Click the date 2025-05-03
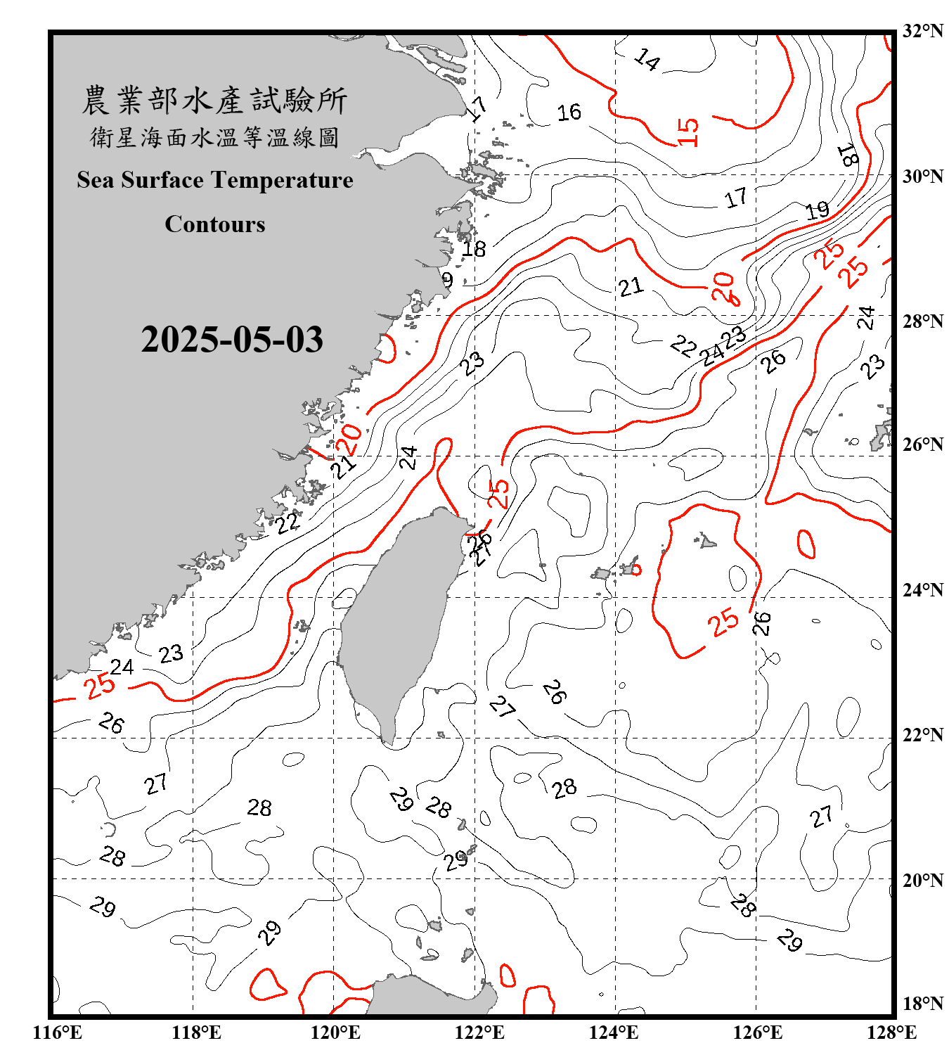coord(232,340)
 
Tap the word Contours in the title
coord(215,224)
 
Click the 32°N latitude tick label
coord(923,31)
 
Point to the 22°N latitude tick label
coord(923,735)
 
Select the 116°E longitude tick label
coord(57,1032)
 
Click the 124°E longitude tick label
coord(614,1032)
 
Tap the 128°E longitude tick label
coord(891,1032)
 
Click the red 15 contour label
coord(688,132)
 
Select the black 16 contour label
coord(569,113)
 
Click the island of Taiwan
coord(397,619)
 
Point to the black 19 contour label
coord(817,210)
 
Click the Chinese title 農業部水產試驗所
coord(214,101)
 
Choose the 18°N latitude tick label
coord(923,1004)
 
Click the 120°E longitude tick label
coord(335,1032)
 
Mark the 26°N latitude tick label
coord(923,445)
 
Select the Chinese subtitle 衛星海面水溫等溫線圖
coord(214,137)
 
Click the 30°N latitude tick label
coord(923,177)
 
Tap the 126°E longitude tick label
coord(757,1032)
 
